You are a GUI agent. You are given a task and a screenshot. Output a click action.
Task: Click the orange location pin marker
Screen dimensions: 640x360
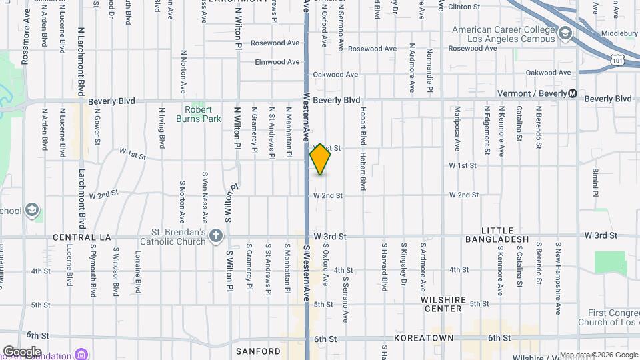click(320, 159)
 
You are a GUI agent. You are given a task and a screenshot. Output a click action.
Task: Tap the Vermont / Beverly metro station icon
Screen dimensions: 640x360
click(573, 94)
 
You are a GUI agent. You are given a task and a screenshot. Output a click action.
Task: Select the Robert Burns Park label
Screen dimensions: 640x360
click(198, 114)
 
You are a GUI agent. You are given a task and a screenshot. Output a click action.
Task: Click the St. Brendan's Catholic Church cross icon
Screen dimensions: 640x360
click(215, 235)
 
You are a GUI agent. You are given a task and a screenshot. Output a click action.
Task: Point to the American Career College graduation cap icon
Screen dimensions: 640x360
click(565, 34)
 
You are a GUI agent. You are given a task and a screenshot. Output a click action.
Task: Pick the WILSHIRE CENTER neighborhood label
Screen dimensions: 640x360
click(442, 304)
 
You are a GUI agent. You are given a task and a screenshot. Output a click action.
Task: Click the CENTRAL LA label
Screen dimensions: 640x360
click(81, 237)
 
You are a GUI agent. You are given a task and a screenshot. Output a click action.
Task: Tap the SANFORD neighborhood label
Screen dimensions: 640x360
click(258, 351)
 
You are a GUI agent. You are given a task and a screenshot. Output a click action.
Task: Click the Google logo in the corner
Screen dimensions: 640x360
click(22, 351)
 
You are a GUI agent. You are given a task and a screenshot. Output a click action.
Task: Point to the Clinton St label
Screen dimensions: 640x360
click(464, 7)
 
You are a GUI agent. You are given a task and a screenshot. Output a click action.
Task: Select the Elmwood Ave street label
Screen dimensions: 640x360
click(277, 62)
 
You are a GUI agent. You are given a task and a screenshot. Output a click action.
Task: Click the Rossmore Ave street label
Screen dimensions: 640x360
click(27, 40)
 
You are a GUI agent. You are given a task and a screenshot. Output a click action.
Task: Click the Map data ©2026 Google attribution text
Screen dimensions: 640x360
click(598, 355)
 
